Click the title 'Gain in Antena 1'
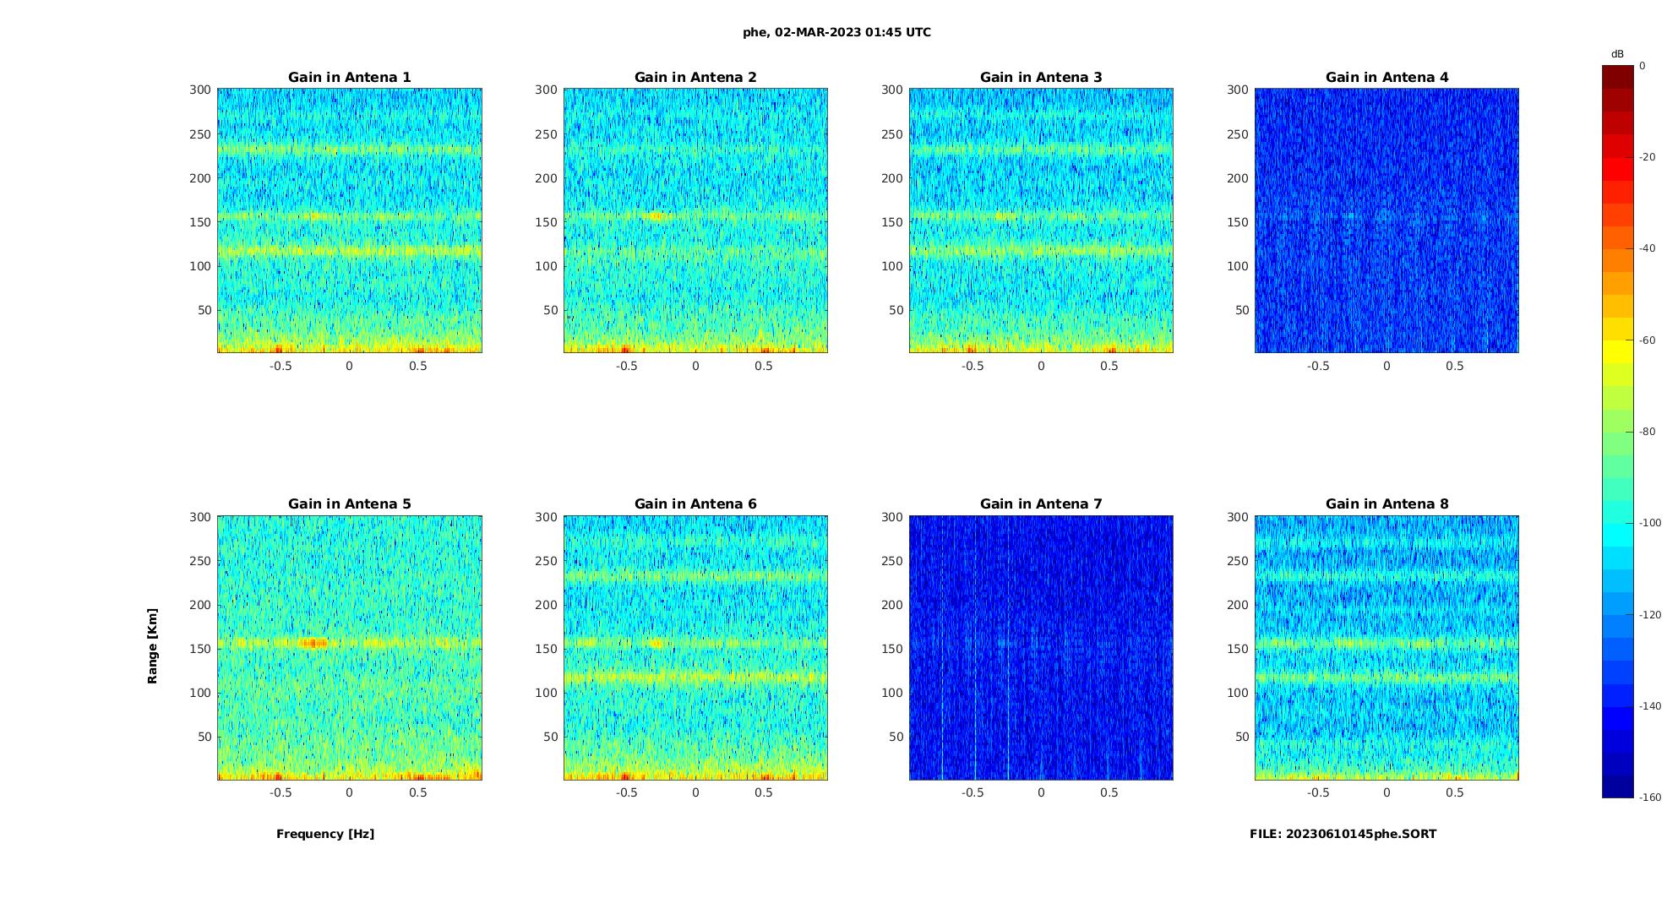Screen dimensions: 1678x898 (x=349, y=78)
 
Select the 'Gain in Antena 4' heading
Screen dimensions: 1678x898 (x=1387, y=78)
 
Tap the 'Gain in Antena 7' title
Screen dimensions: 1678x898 (x=1041, y=504)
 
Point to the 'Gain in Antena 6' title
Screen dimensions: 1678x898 (x=695, y=504)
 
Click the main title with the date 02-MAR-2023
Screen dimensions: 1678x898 (x=836, y=33)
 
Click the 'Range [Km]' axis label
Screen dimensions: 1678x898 (x=153, y=646)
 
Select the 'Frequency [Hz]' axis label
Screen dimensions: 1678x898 (x=325, y=834)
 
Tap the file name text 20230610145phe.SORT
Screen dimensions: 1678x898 (x=1343, y=834)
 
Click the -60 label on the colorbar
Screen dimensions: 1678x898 (x=1648, y=340)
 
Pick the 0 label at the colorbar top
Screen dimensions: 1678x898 (x=1643, y=66)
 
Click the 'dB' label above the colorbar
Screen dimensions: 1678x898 (x=1617, y=54)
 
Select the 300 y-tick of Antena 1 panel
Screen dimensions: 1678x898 (x=200, y=90)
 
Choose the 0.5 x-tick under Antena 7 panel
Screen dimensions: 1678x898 (x=1109, y=792)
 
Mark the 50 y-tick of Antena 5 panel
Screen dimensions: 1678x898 (x=204, y=737)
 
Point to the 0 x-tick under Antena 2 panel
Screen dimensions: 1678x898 (x=695, y=366)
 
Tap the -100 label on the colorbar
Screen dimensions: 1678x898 (x=1650, y=523)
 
